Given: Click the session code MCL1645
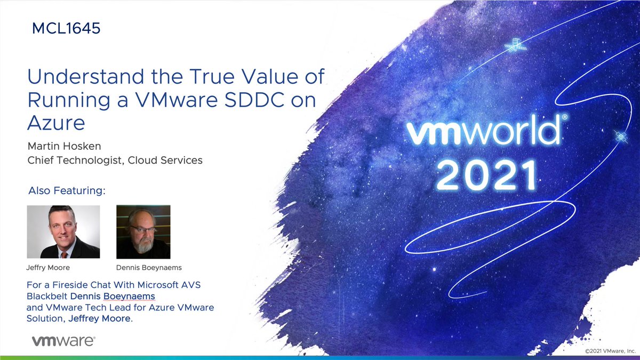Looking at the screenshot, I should pos(66,28).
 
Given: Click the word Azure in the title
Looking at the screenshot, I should pos(56,123).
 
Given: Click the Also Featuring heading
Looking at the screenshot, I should pos(67,190).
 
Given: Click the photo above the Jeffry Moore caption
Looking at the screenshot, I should pos(63,231).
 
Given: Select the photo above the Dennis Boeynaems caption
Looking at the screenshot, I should pos(143,231).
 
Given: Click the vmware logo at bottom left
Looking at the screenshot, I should pos(63,340).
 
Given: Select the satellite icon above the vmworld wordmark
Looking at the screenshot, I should pos(515,46).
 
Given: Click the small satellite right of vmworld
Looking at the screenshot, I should pos(621,137).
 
